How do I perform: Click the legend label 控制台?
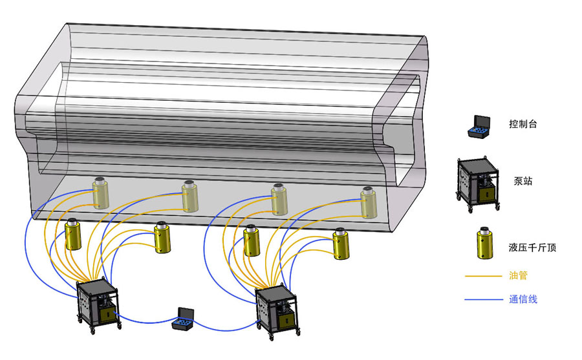point(523,124)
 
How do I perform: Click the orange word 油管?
point(519,276)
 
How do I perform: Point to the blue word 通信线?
point(523,299)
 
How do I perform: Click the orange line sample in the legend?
point(482,277)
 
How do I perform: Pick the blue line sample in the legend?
point(482,299)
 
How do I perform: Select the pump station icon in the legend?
point(479,183)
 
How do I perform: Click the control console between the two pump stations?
point(183,319)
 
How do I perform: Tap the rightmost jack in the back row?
point(368,202)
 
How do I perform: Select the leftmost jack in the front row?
point(72,235)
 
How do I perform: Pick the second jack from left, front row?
point(162,238)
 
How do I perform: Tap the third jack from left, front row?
point(251,240)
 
